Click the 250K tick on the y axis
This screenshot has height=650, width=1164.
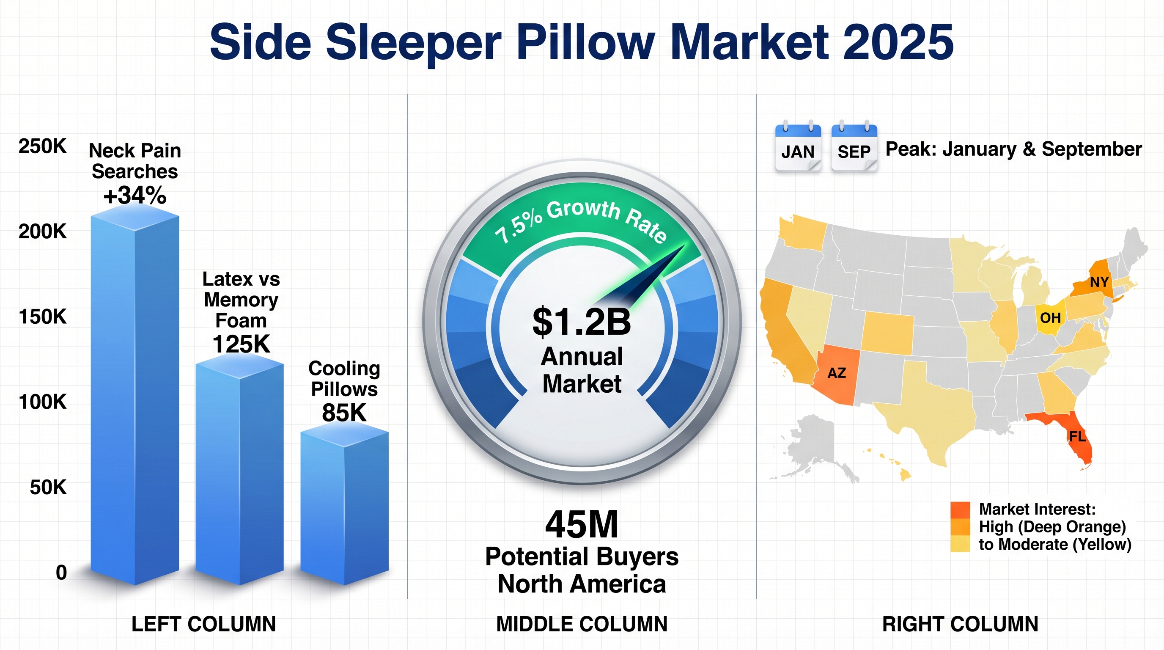pyautogui.click(x=42, y=146)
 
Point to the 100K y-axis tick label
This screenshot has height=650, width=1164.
pyautogui.click(x=42, y=402)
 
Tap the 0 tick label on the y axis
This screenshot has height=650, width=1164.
pyautogui.click(x=61, y=573)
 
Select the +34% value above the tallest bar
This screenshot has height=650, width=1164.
pyautogui.click(x=135, y=195)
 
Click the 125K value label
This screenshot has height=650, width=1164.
pyautogui.click(x=241, y=344)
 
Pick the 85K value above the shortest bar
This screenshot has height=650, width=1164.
pyautogui.click(x=344, y=412)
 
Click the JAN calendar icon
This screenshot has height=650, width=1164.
pyautogui.click(x=798, y=146)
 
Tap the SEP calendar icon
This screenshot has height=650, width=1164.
pyautogui.click(x=854, y=146)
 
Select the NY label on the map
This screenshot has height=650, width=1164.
pyautogui.click(x=1099, y=282)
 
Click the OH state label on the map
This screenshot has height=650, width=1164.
pyautogui.click(x=1050, y=318)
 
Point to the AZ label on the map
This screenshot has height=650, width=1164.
pyautogui.click(x=836, y=373)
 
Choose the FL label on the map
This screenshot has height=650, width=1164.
pyautogui.click(x=1077, y=436)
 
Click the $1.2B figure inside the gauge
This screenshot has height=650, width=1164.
pyautogui.click(x=582, y=321)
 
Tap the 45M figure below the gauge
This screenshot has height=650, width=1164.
pyautogui.click(x=582, y=524)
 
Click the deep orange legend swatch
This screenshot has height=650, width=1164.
pyautogui.click(x=960, y=510)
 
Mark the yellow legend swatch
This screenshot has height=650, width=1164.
pyautogui.click(x=960, y=544)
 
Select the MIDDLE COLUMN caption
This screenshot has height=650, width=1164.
pyautogui.click(x=582, y=624)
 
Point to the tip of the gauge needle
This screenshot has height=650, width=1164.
pyautogui.click(x=685, y=245)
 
